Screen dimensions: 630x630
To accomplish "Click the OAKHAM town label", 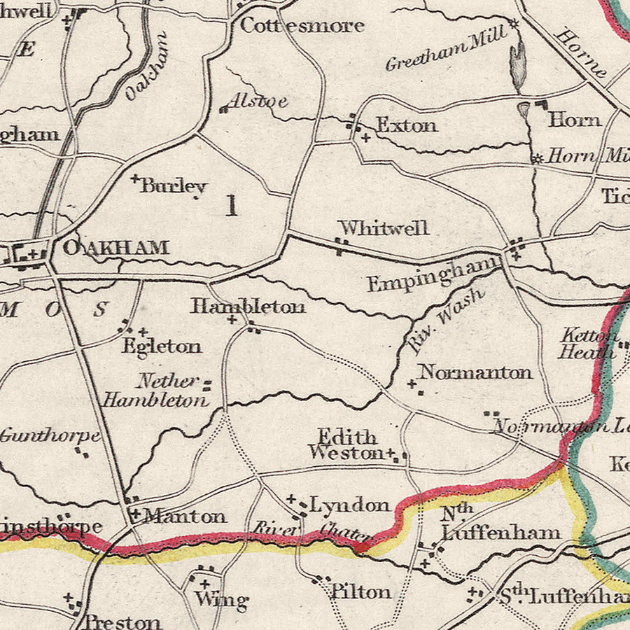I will tap(115, 248).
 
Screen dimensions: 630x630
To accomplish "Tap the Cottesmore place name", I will tap(302, 26).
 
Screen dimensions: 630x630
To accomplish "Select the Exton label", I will tap(407, 125).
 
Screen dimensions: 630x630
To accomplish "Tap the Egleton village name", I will tap(161, 346).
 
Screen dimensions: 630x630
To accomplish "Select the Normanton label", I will tap(475, 372).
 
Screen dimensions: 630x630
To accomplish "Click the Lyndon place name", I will tap(349, 505).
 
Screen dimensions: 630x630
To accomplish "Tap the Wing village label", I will tap(221, 599).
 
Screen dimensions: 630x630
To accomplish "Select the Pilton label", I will tap(361, 591).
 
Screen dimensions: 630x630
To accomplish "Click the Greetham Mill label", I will tap(445, 50).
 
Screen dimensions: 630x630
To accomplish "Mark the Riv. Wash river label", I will tap(445, 317).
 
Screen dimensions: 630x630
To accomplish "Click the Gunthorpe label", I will tap(50, 435).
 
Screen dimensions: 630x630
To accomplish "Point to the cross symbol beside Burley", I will tap(135, 179).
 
